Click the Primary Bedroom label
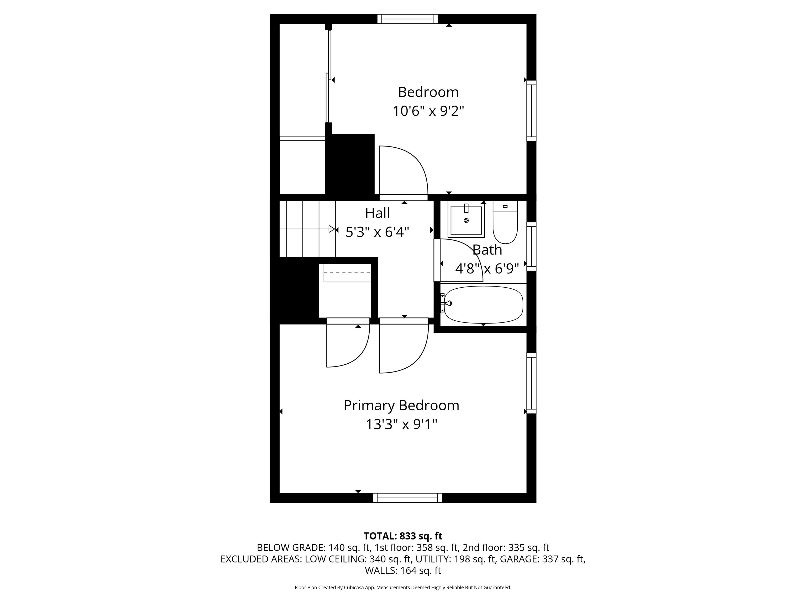pos(401,406)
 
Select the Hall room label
pos(378,213)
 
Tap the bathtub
pos(484,305)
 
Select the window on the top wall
pos(408,19)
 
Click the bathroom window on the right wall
pos(532,246)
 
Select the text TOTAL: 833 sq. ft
pos(403,536)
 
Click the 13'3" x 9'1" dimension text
pos(401,424)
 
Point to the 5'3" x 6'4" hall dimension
pos(377,232)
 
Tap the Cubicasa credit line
pos(403,587)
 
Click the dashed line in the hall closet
pos(347,273)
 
